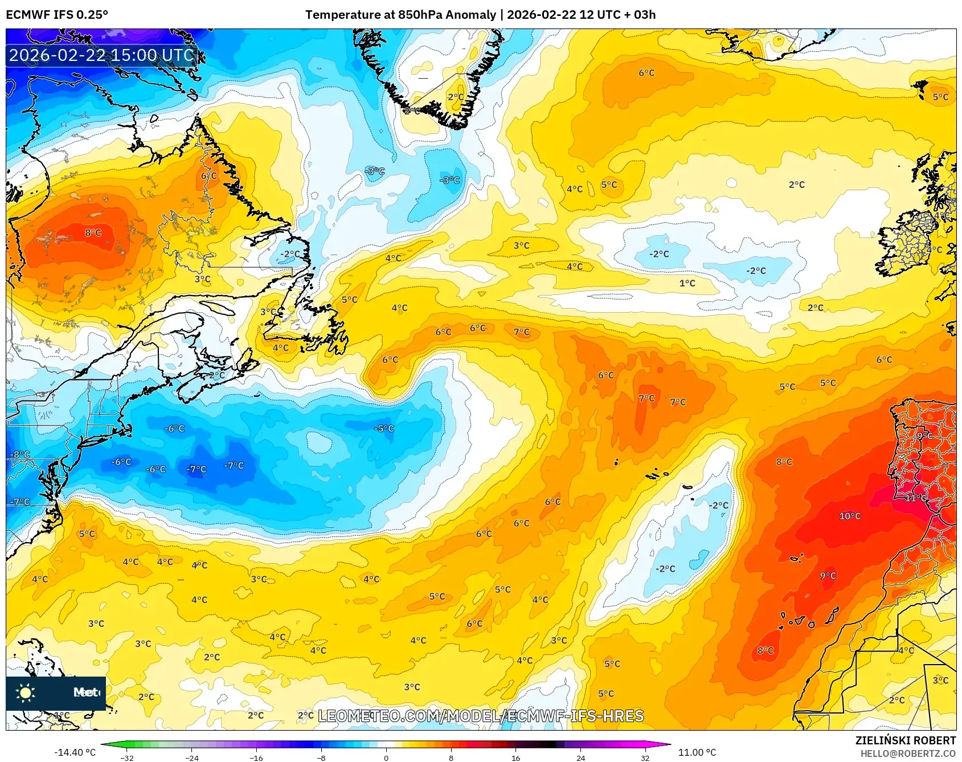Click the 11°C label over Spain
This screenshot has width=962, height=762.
915,498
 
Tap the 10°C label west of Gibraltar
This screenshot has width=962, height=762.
850,516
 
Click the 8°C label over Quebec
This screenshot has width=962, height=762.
93,232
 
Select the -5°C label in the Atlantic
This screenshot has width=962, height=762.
384,428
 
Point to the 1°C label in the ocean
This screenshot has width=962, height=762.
687,283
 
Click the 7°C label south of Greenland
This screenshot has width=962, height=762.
521,331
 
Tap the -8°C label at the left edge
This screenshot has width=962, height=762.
20,454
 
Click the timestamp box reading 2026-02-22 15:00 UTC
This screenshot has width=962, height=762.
101,55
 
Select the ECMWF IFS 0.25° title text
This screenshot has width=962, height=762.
57,15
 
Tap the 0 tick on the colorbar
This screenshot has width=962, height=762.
386,757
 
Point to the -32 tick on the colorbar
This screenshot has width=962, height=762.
127,757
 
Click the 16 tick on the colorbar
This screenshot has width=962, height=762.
515,757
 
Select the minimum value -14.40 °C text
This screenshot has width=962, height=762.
75,752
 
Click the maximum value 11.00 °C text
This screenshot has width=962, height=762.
697,752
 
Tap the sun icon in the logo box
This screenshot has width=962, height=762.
26,693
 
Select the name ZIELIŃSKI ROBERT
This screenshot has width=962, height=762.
905,740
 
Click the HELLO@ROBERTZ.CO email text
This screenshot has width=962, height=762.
907,753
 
